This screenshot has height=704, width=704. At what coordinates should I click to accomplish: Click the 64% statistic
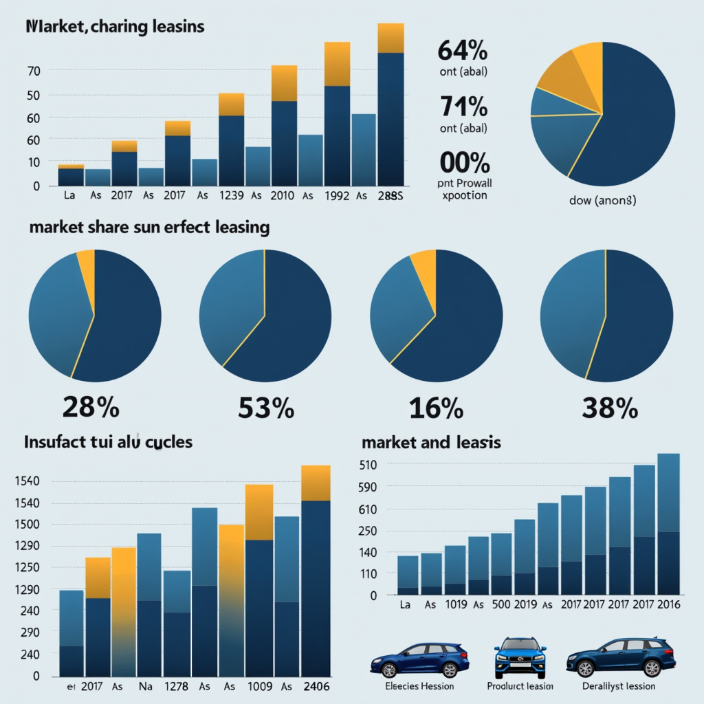tap(462, 51)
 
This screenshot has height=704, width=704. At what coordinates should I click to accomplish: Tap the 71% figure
tap(463, 107)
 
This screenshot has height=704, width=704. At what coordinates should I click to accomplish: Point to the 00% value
tap(463, 163)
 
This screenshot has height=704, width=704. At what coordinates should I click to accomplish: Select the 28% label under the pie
tap(91, 408)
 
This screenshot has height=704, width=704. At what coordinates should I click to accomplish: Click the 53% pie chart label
tap(266, 408)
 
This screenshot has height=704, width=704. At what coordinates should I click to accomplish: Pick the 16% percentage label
tap(436, 408)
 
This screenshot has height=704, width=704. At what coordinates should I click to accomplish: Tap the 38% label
tap(609, 408)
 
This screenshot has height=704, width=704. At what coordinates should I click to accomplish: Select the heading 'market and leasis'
tap(431, 443)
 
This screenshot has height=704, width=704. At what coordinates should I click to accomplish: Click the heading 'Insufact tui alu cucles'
tap(108, 442)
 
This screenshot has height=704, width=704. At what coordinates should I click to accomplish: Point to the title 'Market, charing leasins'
tap(115, 27)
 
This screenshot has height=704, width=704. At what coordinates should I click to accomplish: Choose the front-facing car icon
tap(520, 659)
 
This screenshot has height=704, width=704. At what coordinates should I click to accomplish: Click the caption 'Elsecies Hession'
tap(419, 686)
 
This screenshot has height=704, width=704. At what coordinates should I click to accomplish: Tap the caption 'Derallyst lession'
tap(618, 686)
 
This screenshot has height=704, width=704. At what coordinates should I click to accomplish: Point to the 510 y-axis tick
tap(368, 465)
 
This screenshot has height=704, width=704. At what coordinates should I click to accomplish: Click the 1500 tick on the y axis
tap(27, 525)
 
